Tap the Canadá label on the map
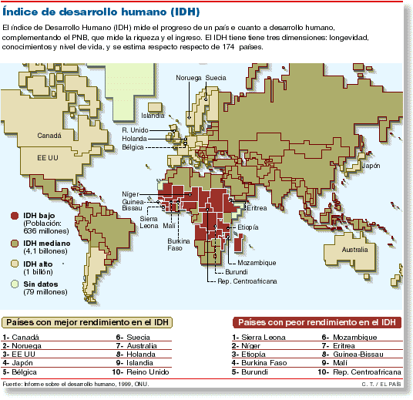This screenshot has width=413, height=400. [x=51, y=135]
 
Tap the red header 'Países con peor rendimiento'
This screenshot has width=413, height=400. [x=317, y=322]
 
